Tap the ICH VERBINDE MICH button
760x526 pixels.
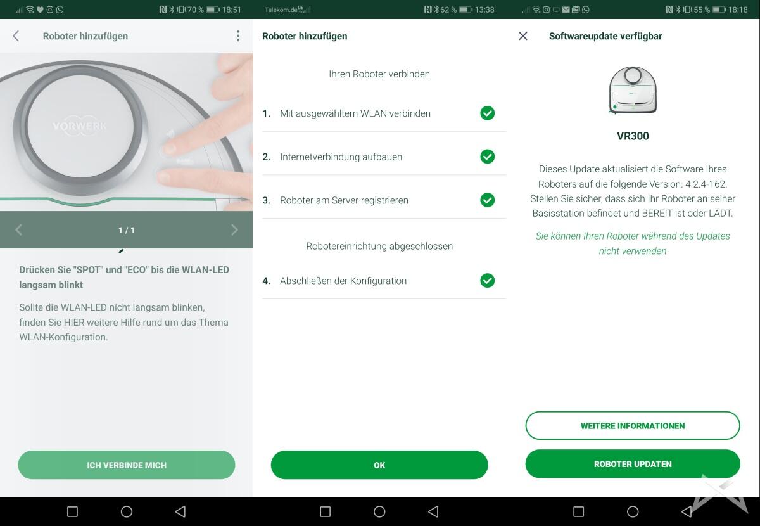(x=127, y=465)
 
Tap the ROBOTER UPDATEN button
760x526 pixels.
(x=633, y=464)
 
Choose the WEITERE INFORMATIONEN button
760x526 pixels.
(x=633, y=425)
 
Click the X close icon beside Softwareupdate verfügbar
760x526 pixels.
(x=523, y=36)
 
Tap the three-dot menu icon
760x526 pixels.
(x=238, y=36)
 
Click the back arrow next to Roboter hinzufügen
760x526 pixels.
(x=16, y=36)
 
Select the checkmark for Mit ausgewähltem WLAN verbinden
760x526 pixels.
(x=487, y=113)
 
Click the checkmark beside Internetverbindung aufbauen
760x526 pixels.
(x=487, y=157)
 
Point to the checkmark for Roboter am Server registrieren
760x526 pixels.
(x=487, y=200)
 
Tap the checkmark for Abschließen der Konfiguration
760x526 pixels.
(x=487, y=281)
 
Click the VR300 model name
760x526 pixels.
(x=633, y=136)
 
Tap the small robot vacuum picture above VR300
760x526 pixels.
(x=633, y=90)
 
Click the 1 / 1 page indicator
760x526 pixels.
(x=127, y=230)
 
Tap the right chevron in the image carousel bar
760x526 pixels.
(x=234, y=230)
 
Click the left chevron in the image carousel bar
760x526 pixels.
(x=18, y=230)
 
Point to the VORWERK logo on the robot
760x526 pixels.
(x=79, y=127)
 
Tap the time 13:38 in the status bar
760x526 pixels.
(x=484, y=10)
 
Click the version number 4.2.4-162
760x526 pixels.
(x=706, y=184)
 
